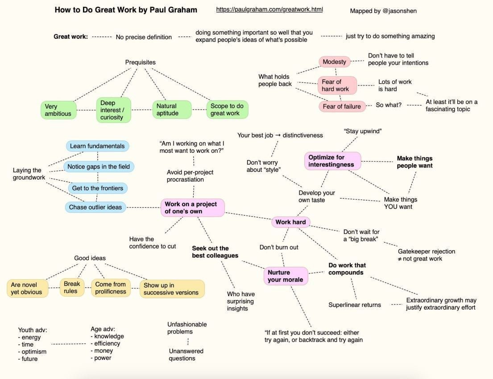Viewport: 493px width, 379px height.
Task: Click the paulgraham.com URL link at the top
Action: [x=269, y=9]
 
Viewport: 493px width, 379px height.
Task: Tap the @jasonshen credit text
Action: [x=383, y=11]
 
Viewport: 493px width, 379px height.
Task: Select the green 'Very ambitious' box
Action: [x=58, y=110]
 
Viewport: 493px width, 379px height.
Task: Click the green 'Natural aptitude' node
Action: [x=172, y=110]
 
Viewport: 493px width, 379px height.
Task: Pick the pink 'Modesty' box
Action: [x=334, y=62]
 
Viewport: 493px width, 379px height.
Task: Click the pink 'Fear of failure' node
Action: [x=341, y=106]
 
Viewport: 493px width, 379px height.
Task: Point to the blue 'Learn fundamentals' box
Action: [x=97, y=146]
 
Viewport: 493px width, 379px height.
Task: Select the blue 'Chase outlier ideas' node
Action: [x=95, y=207]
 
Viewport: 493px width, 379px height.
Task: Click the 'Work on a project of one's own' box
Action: [x=192, y=208]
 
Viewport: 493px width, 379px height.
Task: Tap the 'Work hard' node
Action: [x=290, y=222]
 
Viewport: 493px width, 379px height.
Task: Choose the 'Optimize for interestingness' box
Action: [x=332, y=161]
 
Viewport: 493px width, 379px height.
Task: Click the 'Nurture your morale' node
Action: [x=286, y=276]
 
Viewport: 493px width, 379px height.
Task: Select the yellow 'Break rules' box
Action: [x=72, y=287]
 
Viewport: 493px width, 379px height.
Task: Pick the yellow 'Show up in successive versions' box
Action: [x=172, y=289]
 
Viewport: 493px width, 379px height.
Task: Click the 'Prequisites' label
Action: [x=140, y=62]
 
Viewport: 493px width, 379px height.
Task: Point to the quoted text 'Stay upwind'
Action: [x=363, y=131]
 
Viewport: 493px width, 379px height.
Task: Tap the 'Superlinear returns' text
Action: [x=355, y=305]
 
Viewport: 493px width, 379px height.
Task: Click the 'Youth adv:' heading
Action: [x=32, y=330]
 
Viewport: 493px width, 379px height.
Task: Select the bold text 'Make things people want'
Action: [x=414, y=162]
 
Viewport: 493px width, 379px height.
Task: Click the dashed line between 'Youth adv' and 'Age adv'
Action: [x=69, y=344]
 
